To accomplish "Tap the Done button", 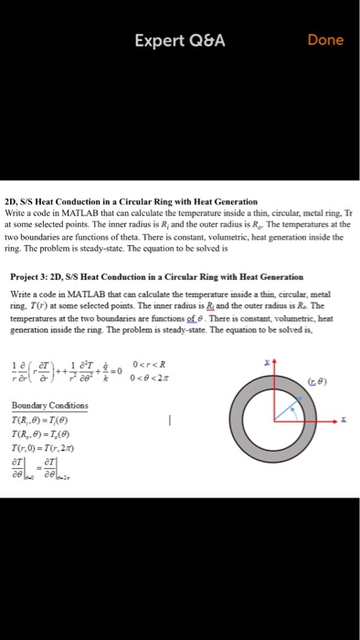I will pyautogui.click(x=325, y=40).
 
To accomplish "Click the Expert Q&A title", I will pyautogui.click(x=179, y=40).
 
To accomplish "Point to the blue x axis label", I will pyautogui.click(x=344, y=421).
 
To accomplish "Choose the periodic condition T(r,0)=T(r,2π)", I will pyautogui.click(x=45, y=447).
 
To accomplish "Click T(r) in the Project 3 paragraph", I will pyautogui.click(x=39, y=307).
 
